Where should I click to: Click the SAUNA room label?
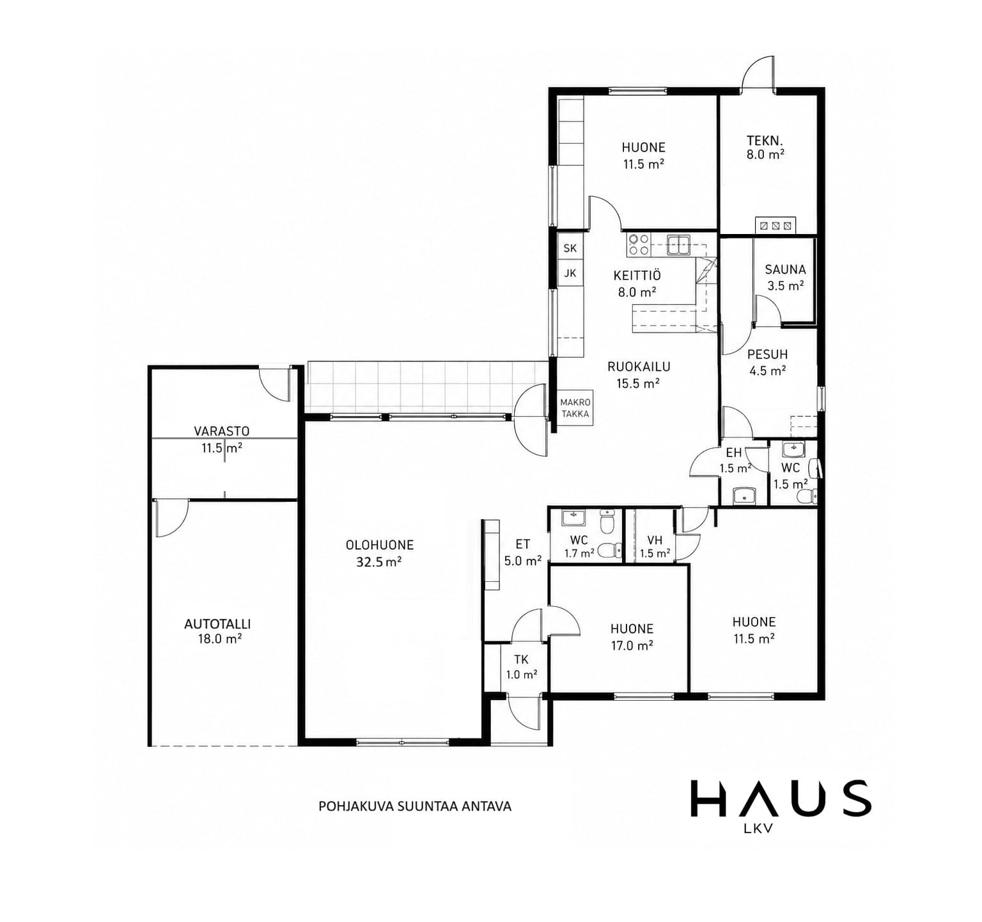click(x=785, y=270)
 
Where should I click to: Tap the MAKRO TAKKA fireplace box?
click(x=575, y=408)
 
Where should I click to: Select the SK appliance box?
click(x=570, y=248)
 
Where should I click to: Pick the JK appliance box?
click(x=570, y=274)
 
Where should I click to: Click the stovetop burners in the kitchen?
click(x=639, y=244)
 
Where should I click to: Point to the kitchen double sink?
click(x=678, y=244)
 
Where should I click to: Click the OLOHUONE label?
click(x=380, y=545)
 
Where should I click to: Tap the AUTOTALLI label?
click(x=217, y=624)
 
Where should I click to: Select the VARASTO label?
click(x=222, y=432)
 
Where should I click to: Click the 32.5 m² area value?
click(x=379, y=562)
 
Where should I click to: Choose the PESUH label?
click(x=767, y=354)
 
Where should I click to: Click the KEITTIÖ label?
click(x=637, y=276)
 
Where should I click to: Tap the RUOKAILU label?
click(x=639, y=367)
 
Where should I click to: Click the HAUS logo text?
click(x=781, y=799)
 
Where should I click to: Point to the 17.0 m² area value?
click(x=632, y=646)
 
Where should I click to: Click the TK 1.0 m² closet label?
click(x=521, y=667)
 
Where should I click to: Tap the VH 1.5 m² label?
click(x=655, y=547)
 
